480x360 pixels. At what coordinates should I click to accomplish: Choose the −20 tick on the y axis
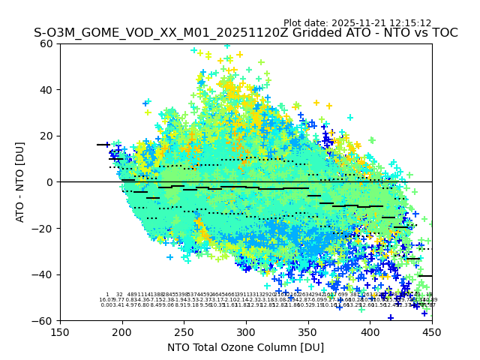point(46,228)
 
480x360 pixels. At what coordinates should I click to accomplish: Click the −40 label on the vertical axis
point(46,274)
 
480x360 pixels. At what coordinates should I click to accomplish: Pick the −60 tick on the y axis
point(46,320)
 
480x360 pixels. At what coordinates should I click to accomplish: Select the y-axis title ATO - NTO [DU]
point(20,182)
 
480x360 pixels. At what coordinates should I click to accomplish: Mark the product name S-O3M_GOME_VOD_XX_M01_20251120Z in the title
point(139,33)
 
